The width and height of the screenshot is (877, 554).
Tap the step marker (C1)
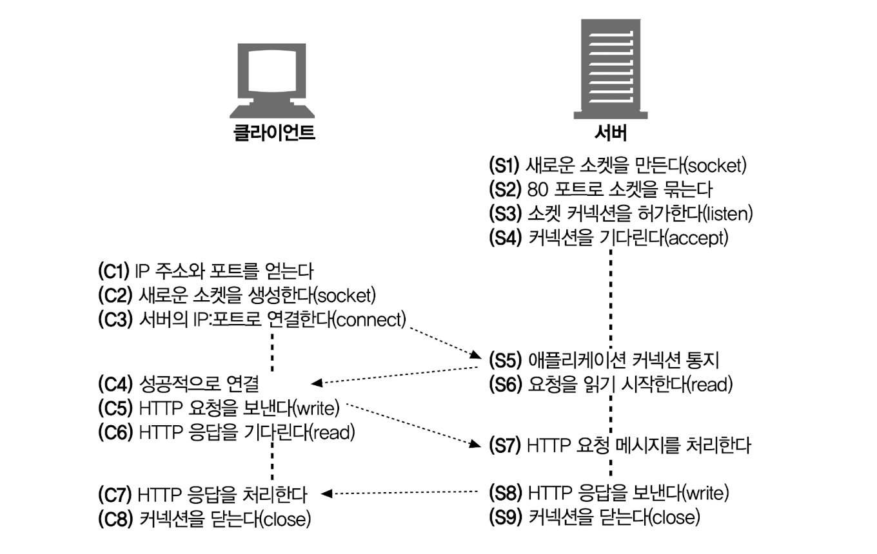click(115, 271)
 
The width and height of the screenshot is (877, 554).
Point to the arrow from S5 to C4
click(396, 376)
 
